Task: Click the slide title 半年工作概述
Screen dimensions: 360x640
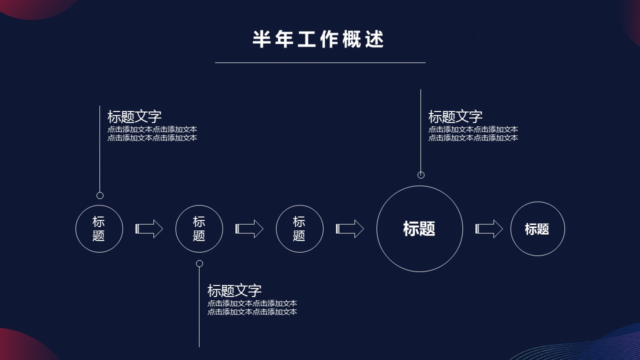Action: tap(318, 39)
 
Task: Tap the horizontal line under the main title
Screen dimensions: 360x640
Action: tap(320, 63)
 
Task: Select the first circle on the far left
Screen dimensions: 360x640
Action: tap(99, 229)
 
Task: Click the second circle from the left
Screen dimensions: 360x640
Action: tap(199, 229)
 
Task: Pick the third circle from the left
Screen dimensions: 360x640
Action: tap(299, 229)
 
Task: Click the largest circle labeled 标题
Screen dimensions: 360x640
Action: tap(419, 229)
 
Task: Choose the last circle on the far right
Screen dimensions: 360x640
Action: tap(537, 229)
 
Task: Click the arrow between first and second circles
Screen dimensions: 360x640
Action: tap(149, 229)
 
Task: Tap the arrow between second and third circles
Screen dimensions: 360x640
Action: tap(249, 229)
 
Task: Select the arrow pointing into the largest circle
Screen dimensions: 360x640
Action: tap(349, 229)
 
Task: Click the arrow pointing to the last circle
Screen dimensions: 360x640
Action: tap(489, 229)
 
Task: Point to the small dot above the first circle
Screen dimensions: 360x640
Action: tap(100, 195)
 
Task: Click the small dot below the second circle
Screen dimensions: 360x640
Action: tap(199, 263)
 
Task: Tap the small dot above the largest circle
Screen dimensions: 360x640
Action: tap(421, 175)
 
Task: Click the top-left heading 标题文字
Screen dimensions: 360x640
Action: tap(134, 117)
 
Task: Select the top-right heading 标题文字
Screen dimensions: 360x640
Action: tap(455, 117)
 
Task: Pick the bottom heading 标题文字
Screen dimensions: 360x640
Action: tap(234, 290)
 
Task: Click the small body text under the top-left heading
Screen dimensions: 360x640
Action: tap(152, 134)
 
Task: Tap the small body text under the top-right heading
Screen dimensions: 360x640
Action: tap(473, 134)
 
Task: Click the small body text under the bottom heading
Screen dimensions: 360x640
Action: tap(252, 307)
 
